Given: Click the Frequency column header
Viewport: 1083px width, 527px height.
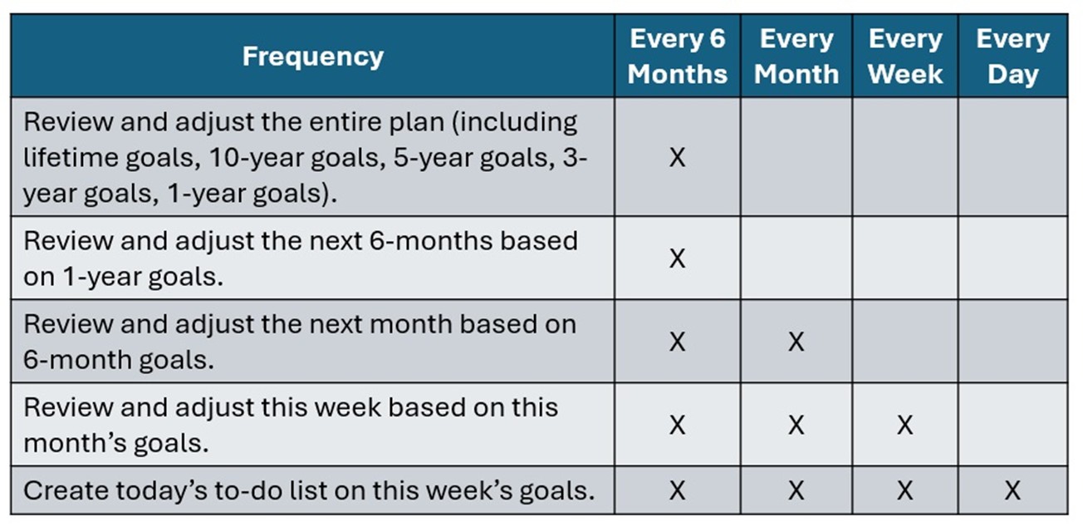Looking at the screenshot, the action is tap(313, 57).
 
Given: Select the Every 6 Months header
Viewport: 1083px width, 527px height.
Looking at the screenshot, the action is tap(678, 57).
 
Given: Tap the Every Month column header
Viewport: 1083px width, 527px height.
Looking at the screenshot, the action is tap(796, 57).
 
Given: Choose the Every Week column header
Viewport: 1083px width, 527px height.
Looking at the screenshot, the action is tap(905, 57).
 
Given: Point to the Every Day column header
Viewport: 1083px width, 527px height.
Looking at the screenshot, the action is tap(1013, 57).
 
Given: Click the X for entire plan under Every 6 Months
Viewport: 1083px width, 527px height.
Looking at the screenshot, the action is tap(678, 157).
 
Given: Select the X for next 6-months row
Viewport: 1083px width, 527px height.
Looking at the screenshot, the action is tap(678, 258).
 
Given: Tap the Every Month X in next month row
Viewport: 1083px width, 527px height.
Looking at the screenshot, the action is tap(796, 342).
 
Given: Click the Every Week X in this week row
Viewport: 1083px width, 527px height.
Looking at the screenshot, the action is tap(905, 425).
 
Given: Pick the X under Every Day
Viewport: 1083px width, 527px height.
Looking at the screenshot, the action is tap(1013, 490).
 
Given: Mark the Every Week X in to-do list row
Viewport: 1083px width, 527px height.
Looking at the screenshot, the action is tap(905, 490).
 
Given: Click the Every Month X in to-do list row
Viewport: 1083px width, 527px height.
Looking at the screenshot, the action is tap(796, 490).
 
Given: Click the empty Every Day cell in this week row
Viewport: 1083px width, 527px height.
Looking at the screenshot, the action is tap(1013, 425).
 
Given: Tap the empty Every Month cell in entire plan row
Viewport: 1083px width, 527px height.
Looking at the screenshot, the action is tap(796, 157).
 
